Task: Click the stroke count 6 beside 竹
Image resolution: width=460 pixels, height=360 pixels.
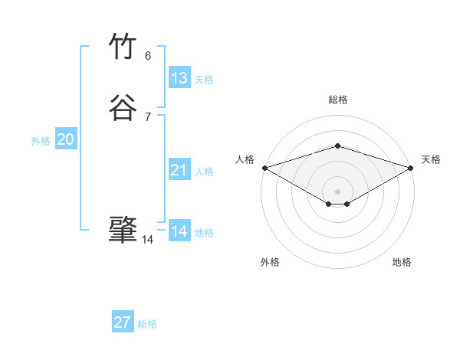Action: coord(148,55)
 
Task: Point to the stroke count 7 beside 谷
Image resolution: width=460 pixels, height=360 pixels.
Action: coord(148,116)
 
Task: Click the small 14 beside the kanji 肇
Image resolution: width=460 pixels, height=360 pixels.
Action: coord(147,240)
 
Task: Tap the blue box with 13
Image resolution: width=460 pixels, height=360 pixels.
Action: coord(179,78)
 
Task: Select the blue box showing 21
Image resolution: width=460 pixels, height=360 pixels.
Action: coord(179,170)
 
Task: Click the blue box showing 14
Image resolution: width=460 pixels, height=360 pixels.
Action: coord(179,231)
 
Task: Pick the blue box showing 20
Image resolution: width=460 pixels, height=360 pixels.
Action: coord(66,139)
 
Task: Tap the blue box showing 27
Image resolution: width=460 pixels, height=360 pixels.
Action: coord(123,322)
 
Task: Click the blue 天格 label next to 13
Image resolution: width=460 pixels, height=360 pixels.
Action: coord(204,80)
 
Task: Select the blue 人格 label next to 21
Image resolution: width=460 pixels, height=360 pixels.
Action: coord(204,172)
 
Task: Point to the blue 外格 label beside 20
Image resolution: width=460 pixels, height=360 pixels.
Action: coord(41,141)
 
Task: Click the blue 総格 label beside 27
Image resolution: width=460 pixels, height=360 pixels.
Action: coord(147,324)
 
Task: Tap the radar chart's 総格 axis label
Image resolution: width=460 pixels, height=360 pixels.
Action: coord(337,100)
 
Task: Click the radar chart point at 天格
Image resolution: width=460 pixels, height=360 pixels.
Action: coord(411,167)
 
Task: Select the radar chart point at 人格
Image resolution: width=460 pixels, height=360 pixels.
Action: coord(264,167)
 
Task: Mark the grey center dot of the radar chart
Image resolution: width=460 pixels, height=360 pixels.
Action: coord(337,191)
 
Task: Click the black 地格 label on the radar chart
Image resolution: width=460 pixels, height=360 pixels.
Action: coord(402,262)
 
